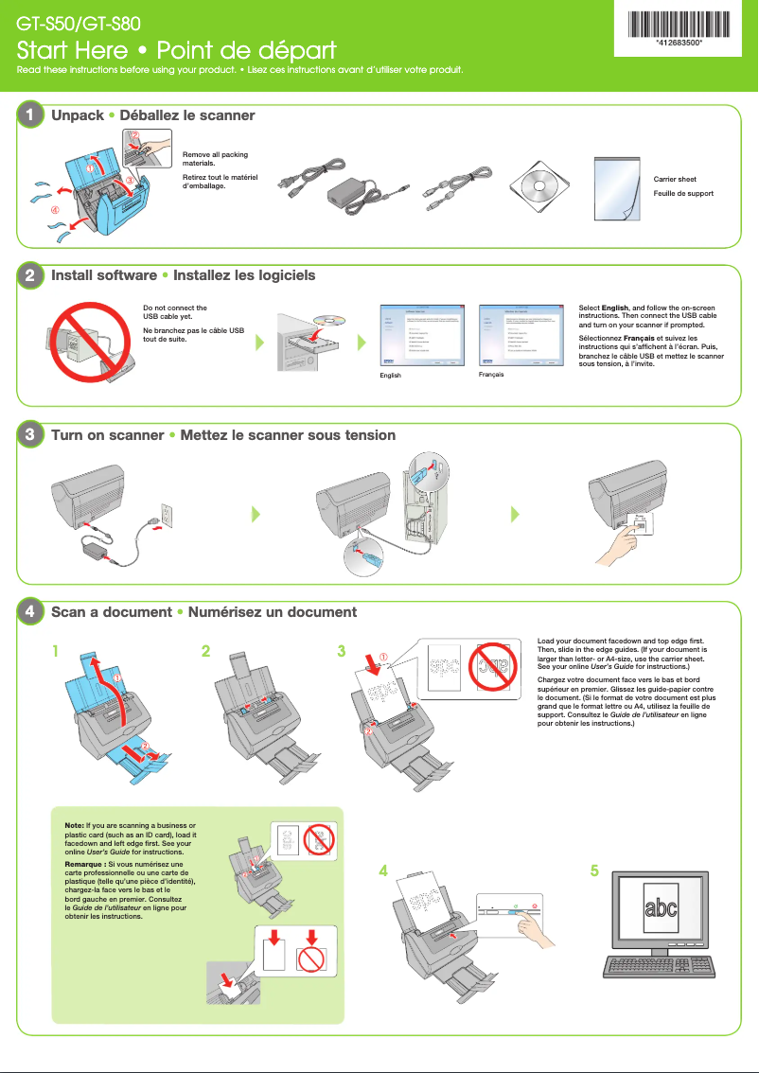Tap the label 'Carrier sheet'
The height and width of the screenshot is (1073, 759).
click(675, 179)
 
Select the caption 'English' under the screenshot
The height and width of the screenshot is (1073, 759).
click(390, 376)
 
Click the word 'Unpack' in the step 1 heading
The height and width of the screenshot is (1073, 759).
click(78, 115)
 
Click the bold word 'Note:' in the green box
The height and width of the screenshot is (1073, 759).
click(75, 827)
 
